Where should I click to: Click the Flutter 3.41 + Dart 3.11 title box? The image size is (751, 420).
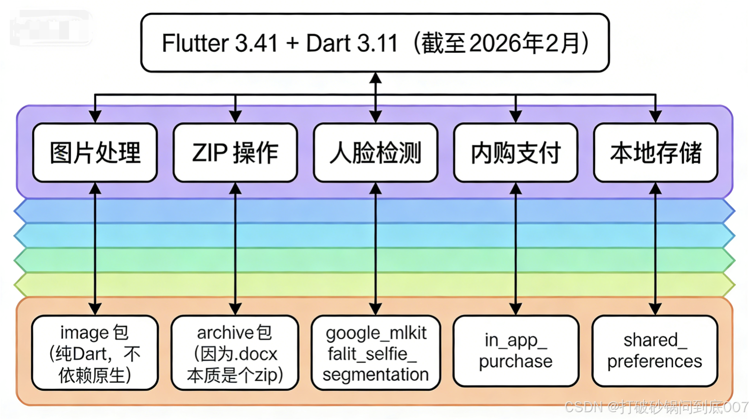click(x=375, y=43)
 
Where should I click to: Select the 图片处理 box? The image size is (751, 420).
click(x=95, y=153)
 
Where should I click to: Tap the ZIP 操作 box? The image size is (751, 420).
click(x=235, y=153)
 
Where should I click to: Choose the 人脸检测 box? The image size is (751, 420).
click(x=375, y=153)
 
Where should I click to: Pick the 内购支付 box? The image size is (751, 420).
click(x=515, y=153)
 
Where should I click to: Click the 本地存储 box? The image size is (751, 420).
click(x=655, y=153)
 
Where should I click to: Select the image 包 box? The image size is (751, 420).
click(x=95, y=353)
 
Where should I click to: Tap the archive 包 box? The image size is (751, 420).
click(x=235, y=353)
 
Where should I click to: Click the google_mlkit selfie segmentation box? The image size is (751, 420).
click(x=375, y=353)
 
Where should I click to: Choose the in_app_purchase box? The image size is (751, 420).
click(x=515, y=351)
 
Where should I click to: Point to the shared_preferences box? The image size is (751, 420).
click(x=654, y=351)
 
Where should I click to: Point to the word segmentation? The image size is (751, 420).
click(x=375, y=375)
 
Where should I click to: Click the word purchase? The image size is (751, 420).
click(x=515, y=361)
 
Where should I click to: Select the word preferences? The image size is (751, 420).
click(x=654, y=361)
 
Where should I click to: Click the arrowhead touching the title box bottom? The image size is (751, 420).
click(x=375, y=78)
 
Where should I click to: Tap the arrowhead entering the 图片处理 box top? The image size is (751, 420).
click(x=95, y=117)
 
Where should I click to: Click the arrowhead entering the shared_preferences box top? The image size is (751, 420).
click(x=655, y=309)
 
